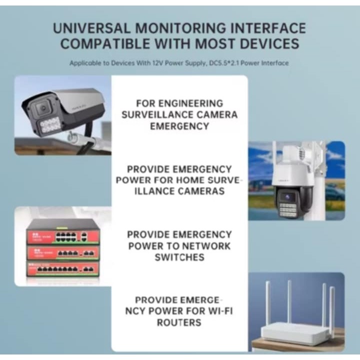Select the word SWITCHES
tap(179, 257)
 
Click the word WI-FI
tap(218, 311)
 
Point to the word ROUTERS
tap(179, 322)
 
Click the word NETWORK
tap(206, 246)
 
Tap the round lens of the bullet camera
tap(42, 108)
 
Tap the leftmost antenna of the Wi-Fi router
tap(267, 305)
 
